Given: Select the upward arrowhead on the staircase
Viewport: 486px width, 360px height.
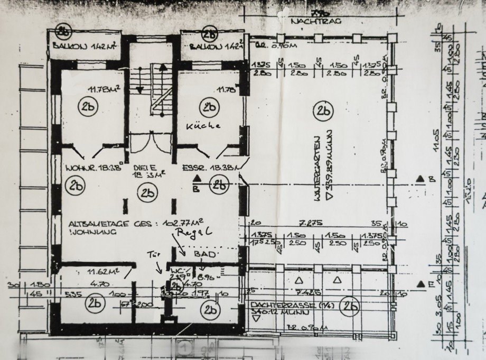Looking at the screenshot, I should pos(163,68).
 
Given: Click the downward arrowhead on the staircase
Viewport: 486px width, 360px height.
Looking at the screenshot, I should pos(139,90).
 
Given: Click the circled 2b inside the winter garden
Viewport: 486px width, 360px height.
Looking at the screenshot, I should pos(322,111).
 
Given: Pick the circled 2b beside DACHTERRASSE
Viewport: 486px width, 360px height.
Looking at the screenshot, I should pos(349,305).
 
